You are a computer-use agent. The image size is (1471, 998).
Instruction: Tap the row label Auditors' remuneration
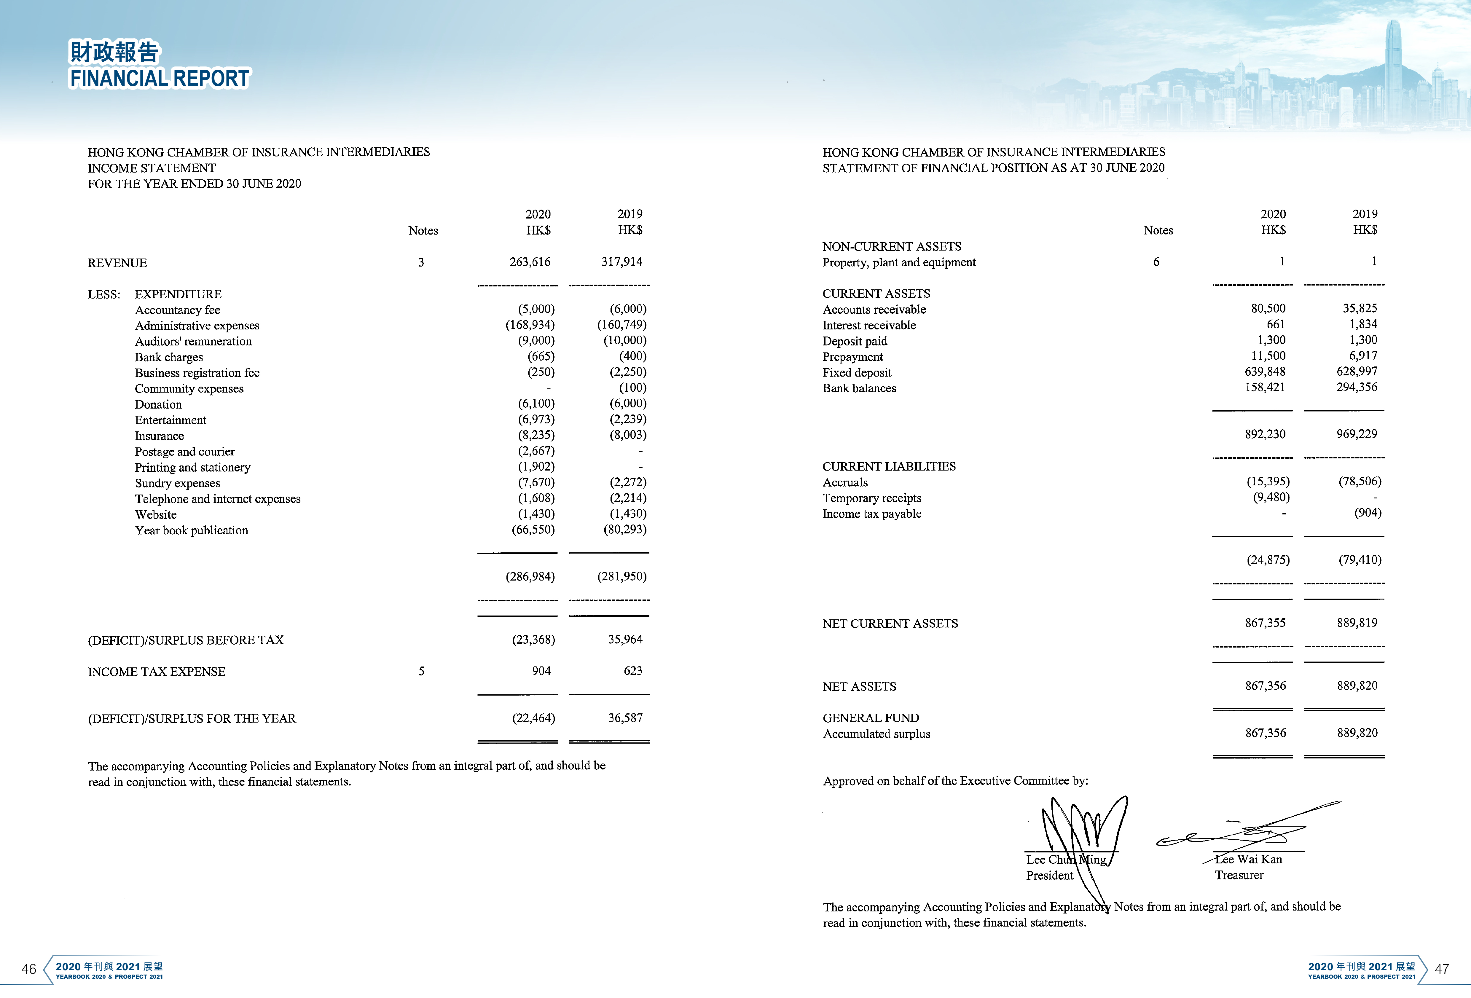(193, 341)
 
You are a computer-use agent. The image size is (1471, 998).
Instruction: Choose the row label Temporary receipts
(871, 498)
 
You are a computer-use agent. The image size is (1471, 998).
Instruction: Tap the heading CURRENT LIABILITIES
(889, 466)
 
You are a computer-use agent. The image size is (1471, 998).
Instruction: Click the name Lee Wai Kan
(1248, 860)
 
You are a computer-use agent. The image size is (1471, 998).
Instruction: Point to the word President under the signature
(1049, 875)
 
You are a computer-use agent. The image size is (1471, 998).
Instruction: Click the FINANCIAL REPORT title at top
(160, 79)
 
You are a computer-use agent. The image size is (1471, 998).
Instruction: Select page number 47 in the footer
(1441, 969)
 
